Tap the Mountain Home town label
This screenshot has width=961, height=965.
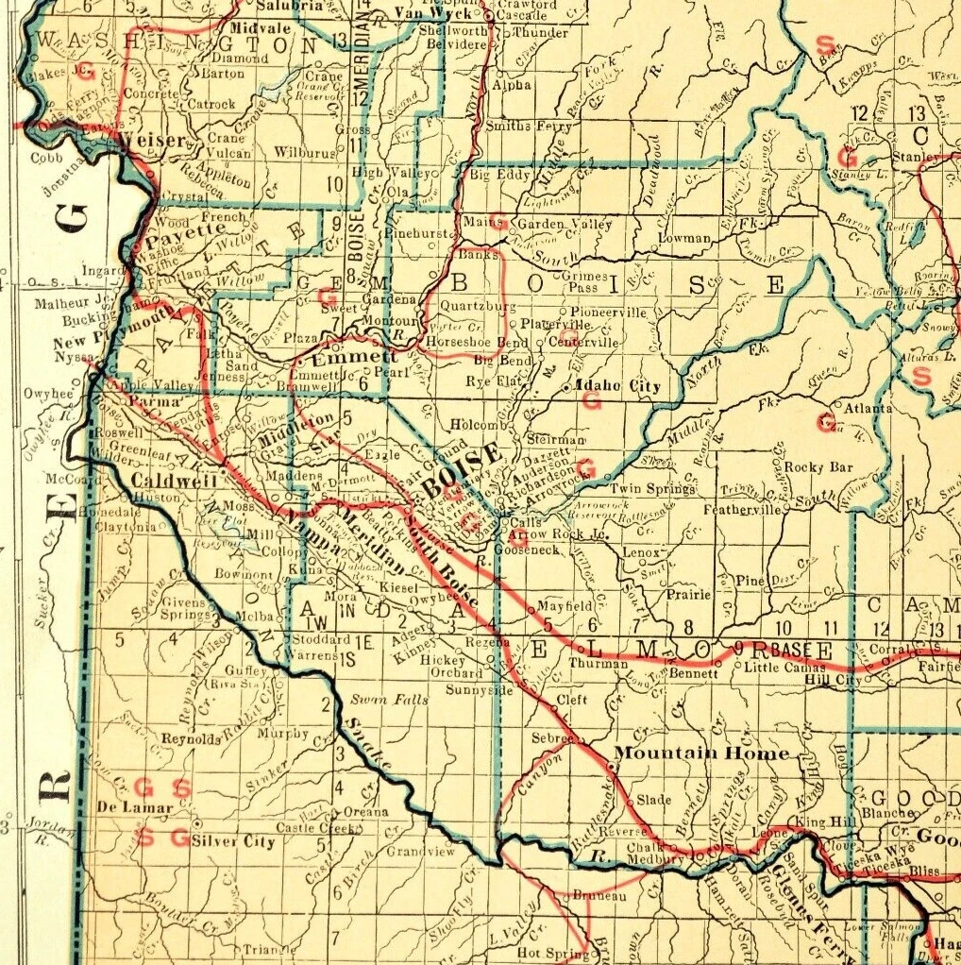pos(701,753)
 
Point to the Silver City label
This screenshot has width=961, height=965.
pos(233,841)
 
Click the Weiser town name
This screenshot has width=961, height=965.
pos(150,140)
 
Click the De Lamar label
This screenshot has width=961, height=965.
pos(135,808)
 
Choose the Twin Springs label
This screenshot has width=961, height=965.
pos(653,488)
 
